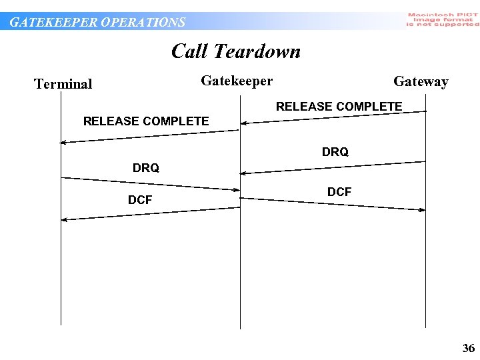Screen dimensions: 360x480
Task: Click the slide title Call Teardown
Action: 236,51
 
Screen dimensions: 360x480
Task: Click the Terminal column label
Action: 63,84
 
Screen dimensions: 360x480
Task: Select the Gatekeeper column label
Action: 237,81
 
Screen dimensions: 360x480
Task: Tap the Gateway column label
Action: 421,82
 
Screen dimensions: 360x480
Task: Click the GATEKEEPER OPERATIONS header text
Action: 97,22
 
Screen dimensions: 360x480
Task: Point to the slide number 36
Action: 469,348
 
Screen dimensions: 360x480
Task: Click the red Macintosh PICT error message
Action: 443,19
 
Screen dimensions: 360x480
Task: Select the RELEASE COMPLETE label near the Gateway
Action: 339,107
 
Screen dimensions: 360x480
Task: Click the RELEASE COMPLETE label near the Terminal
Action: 145,121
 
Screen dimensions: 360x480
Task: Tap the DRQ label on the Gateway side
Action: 335,152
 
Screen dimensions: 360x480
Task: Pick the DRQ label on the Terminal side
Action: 146,168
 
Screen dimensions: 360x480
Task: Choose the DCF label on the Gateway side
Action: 339,192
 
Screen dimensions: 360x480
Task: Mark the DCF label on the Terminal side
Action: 140,200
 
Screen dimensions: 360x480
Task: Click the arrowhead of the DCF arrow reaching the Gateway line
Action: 422,210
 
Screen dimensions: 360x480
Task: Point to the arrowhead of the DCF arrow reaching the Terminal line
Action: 64,219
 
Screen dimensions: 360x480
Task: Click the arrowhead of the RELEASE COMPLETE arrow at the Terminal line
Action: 63,142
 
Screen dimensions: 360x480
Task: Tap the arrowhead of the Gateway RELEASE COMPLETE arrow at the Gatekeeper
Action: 245,123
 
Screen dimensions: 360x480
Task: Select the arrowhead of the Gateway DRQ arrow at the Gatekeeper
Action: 244,173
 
